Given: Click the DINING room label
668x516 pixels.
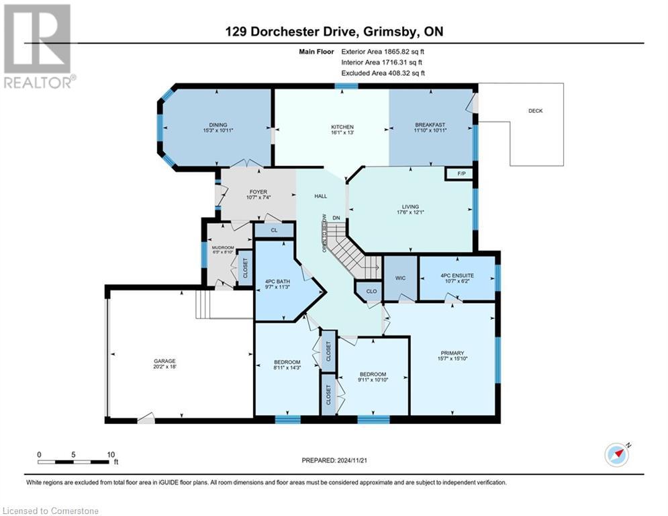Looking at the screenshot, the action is pos(218,125).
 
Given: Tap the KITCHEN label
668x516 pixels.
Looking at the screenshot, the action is pos(342,127).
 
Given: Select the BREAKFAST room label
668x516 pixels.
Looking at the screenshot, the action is pos(430,125).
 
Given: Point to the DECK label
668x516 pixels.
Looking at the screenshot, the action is pos(536,111).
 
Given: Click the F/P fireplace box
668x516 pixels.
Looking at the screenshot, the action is pos(461,174).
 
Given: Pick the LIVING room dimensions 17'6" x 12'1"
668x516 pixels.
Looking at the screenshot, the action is pos(410,212).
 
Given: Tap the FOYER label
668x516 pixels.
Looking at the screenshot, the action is pos(258,192).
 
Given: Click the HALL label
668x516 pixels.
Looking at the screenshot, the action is pos(321,196).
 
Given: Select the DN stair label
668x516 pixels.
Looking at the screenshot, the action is pos(336,218).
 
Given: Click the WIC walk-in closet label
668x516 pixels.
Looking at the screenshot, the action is pos(400,278).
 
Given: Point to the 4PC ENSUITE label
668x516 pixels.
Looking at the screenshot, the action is pos(457,275).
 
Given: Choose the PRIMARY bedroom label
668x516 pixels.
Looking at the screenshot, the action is pos(452,353).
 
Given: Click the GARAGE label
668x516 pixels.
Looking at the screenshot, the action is pos(164,361).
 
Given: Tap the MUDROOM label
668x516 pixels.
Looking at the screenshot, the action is pos(223,248).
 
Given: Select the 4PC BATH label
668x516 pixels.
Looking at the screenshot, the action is pos(277,282).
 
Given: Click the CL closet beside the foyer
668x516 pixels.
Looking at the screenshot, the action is pos(274,230).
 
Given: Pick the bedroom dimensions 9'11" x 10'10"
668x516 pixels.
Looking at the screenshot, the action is pos(373,380).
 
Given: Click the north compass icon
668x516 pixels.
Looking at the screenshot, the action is pos(617,455).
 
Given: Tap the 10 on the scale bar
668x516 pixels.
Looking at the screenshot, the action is pos(111,455).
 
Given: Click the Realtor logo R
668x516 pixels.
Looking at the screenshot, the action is pos(38,39).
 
